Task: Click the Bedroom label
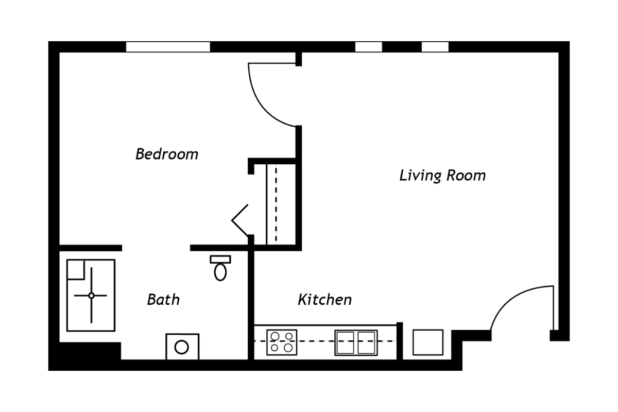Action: [166, 154]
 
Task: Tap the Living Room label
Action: [442, 176]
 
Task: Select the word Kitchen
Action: [324, 299]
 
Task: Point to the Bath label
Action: [163, 299]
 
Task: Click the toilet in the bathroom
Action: [220, 269]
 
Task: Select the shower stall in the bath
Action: [91, 295]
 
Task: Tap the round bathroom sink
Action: [182, 347]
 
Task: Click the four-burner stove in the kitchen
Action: [282, 342]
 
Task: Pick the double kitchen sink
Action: [355, 342]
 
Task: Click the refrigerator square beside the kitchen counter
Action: [428, 342]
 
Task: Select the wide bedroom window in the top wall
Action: [168, 47]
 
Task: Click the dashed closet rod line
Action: [276, 203]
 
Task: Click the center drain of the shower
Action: [91, 295]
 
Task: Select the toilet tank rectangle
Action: [220, 259]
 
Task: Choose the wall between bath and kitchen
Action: [251, 304]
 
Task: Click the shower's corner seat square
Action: [76, 269]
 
